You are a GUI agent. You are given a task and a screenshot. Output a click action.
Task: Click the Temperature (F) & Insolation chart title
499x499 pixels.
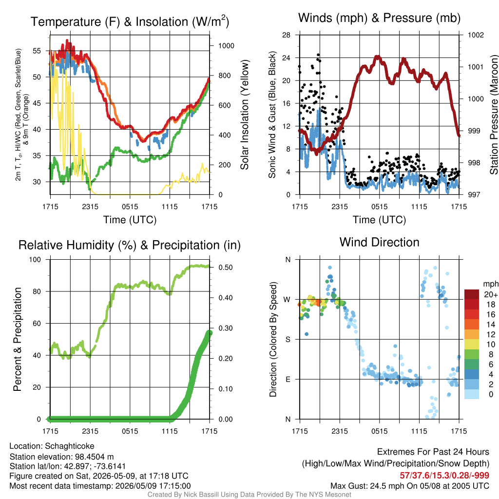click(130, 21)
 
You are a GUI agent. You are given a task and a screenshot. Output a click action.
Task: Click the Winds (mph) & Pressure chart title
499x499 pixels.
click(379, 18)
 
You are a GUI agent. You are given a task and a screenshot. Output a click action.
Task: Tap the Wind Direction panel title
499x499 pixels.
click(379, 242)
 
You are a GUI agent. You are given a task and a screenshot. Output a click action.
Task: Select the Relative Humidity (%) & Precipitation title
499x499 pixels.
click(130, 245)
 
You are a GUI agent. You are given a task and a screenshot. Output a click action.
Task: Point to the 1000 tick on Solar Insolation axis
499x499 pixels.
click(226, 46)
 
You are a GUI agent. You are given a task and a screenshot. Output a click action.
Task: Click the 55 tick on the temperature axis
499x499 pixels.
click(37, 51)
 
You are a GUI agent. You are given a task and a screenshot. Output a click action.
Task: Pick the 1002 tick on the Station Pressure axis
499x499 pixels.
click(476, 35)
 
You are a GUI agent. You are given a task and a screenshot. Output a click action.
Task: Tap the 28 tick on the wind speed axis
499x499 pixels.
click(286, 35)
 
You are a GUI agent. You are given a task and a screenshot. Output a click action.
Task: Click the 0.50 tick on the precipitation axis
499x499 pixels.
click(226, 268)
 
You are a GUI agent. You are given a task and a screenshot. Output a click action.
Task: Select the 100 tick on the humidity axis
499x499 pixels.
click(35, 259)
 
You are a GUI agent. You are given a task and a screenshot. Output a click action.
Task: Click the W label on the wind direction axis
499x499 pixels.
click(287, 300)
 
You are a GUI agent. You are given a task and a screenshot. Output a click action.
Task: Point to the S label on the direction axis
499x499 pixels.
click(288, 339)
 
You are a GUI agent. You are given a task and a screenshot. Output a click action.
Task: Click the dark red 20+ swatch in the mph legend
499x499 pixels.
click(472, 294)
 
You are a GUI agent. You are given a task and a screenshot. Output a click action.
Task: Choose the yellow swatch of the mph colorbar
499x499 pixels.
click(472, 345)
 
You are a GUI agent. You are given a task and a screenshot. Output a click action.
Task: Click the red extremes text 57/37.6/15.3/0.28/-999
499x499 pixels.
click(444, 476)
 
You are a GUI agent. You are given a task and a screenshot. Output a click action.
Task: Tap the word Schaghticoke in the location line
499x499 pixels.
click(69, 446)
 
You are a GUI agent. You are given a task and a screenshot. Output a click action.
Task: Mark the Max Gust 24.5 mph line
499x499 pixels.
click(409, 486)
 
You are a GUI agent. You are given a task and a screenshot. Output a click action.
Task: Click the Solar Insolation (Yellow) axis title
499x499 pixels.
click(245, 115)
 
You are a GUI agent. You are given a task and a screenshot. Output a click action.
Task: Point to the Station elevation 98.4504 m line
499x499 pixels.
click(61, 457)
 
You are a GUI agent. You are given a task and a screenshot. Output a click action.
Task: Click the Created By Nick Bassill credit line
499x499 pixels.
click(249, 495)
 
